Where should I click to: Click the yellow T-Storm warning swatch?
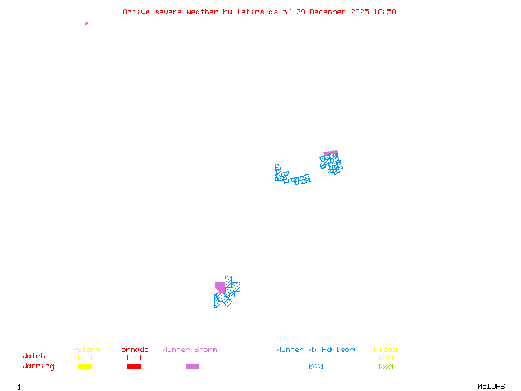click(x=85, y=367)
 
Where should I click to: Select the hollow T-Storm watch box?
click(x=85, y=357)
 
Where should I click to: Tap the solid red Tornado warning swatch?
click(x=134, y=367)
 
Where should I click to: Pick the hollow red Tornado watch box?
click(x=134, y=357)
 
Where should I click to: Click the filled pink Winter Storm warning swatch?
click(x=192, y=367)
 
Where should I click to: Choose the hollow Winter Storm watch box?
click(x=192, y=357)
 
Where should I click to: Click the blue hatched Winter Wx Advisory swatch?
click(x=316, y=367)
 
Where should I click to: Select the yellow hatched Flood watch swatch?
click(x=386, y=357)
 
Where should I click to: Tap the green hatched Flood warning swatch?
click(x=386, y=367)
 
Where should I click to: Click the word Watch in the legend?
click(x=34, y=356)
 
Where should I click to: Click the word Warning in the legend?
click(x=38, y=366)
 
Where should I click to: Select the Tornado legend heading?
click(x=133, y=350)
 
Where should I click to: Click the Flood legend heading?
click(x=385, y=350)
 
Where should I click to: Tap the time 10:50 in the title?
click(x=385, y=12)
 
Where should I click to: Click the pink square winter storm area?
click(x=220, y=287)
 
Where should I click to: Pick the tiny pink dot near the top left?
click(x=86, y=23)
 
